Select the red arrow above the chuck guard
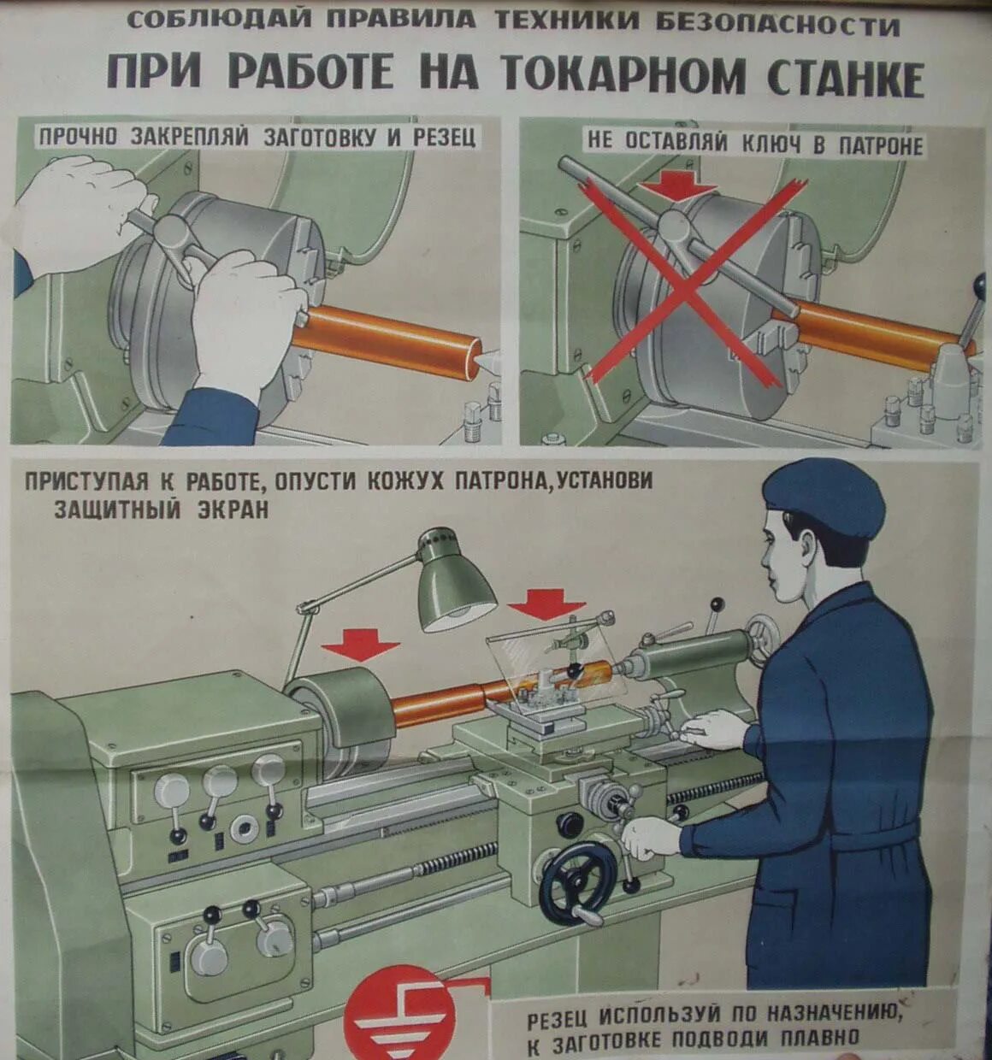point(361,646)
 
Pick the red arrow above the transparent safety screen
point(546,604)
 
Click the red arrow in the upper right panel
point(678,186)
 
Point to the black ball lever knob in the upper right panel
point(980,285)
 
